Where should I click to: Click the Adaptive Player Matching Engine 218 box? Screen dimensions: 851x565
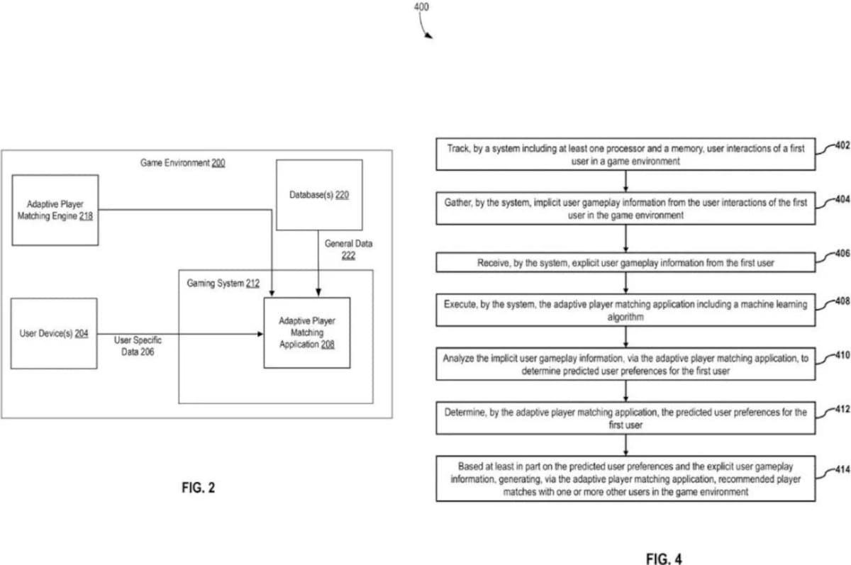[55, 210]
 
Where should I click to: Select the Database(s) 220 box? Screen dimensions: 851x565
[319, 195]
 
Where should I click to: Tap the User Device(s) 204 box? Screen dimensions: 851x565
[54, 333]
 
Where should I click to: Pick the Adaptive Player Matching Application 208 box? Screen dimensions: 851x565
[307, 332]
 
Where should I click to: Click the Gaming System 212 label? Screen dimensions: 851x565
[223, 284]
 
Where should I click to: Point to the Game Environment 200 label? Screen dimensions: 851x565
[182, 163]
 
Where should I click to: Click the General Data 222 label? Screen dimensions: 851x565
[348, 250]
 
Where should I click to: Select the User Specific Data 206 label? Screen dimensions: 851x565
[138, 346]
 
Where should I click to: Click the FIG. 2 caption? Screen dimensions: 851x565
[199, 488]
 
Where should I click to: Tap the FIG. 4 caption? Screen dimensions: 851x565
[664, 559]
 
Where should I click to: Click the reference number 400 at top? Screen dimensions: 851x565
[421, 7]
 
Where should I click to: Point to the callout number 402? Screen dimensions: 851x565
[842, 145]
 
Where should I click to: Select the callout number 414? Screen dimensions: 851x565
[842, 470]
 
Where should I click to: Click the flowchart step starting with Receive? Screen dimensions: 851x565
[625, 262]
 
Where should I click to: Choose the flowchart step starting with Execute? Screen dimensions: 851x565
[625, 310]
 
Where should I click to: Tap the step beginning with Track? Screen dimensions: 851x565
[625, 154]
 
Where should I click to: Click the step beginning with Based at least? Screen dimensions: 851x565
[625, 479]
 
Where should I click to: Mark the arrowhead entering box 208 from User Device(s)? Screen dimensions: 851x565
[260, 334]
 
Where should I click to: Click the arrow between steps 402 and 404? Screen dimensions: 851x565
[625, 181]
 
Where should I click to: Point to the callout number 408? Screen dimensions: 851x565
[842, 301]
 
